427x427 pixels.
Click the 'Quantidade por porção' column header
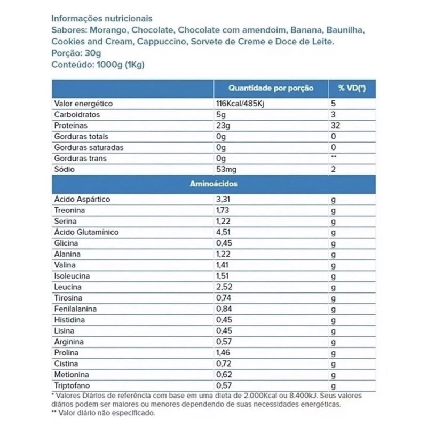coord(271,88)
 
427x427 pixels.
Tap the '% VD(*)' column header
coord(352,88)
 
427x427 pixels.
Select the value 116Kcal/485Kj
coord(240,104)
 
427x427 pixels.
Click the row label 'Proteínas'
coord(70,126)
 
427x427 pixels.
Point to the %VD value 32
coord(335,126)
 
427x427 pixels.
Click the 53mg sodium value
coord(225,170)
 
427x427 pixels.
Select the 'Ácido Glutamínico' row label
coord(86,232)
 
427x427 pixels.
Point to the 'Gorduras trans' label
coord(80,159)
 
